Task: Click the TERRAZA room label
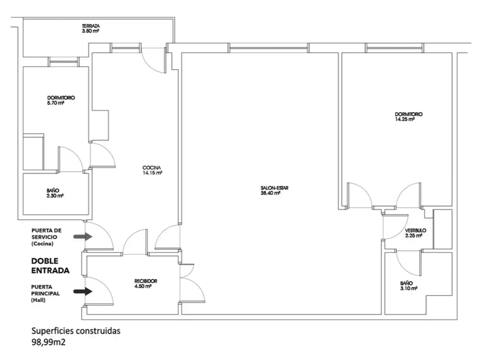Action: (x=91, y=26)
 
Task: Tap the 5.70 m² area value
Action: (x=56, y=103)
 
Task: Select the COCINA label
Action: (x=152, y=168)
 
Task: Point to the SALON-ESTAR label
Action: (x=274, y=188)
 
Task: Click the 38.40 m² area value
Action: (x=270, y=193)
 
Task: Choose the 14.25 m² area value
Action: (x=404, y=119)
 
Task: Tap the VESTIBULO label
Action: (x=415, y=230)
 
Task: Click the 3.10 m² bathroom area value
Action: (x=409, y=288)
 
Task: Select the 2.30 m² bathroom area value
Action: (x=55, y=196)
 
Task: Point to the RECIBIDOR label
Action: (x=146, y=281)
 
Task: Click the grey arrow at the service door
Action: (x=83, y=236)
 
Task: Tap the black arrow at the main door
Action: (x=83, y=291)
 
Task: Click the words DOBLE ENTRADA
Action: (x=50, y=266)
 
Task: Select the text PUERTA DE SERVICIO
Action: (x=46, y=233)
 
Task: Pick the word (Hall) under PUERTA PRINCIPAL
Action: (x=38, y=300)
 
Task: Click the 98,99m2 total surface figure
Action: (x=48, y=342)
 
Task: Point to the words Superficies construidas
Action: (x=76, y=331)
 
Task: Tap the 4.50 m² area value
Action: (x=143, y=286)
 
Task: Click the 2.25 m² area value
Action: (x=413, y=236)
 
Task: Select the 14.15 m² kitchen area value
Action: (x=152, y=173)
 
